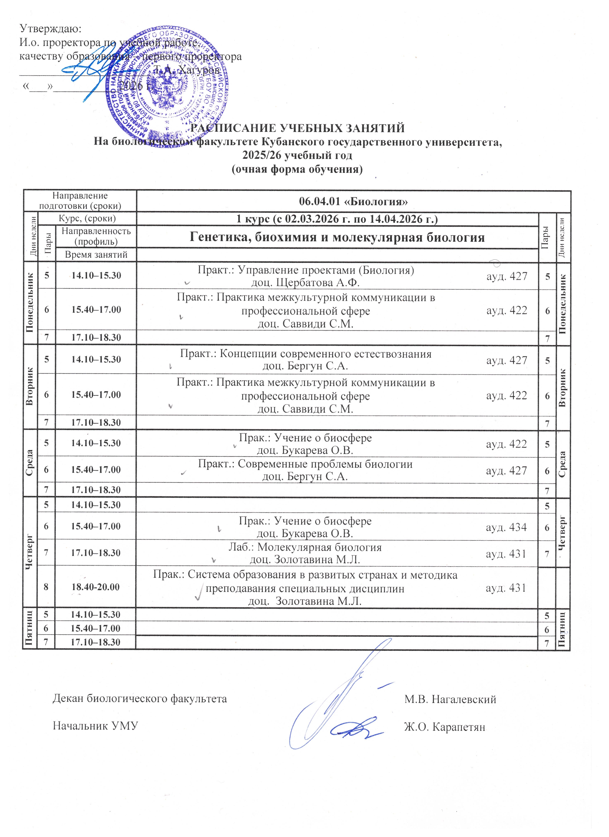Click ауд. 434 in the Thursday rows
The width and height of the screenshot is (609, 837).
click(x=506, y=527)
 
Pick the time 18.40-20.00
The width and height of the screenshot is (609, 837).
click(x=96, y=587)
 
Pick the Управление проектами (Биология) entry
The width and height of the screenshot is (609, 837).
click(x=306, y=270)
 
